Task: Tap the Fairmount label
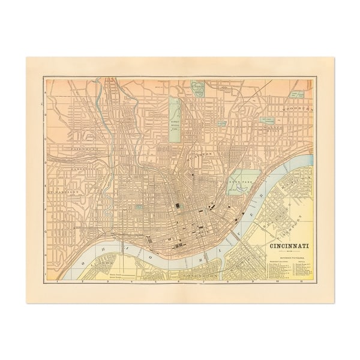pyautogui.click(x=71, y=147)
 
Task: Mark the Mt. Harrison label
pyautogui.click(x=66, y=192)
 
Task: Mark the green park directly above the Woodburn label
pyautogui.click(x=296, y=94)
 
